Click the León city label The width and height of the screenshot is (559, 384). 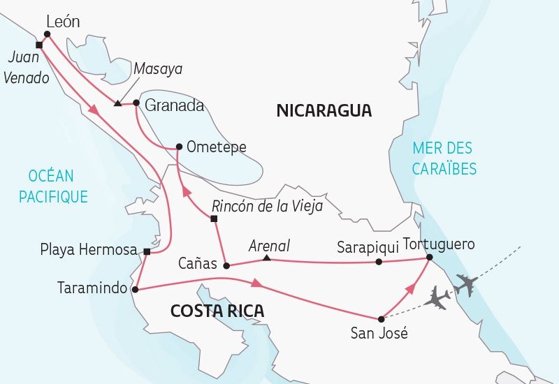click(62, 22)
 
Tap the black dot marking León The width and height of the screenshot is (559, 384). click(47, 34)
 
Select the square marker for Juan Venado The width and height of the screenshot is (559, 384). click(39, 45)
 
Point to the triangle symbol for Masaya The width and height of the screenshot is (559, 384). click(117, 105)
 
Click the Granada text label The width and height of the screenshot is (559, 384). click(174, 106)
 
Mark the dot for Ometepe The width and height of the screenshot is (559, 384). click(180, 147)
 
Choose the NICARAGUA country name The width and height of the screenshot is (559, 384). click(324, 110)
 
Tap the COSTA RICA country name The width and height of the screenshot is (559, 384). click(217, 311)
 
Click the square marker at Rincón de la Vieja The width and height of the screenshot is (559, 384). click(214, 220)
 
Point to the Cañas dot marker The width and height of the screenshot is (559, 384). click(226, 265)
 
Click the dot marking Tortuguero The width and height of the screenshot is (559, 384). click(429, 258)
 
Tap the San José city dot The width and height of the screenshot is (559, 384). click(381, 318)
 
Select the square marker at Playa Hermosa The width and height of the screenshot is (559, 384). click(147, 251)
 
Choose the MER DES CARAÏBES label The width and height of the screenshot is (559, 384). click(444, 158)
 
